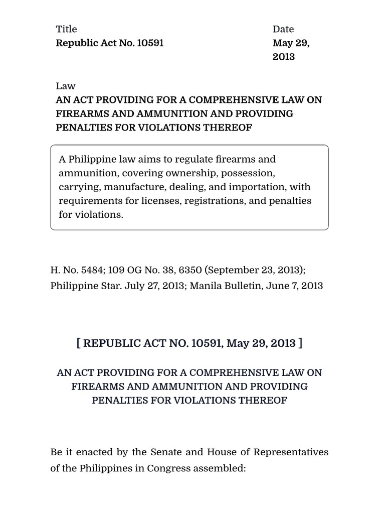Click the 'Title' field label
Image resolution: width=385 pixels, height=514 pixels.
pyautogui.click(x=66, y=29)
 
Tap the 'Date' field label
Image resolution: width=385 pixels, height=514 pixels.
pyautogui.click(x=283, y=29)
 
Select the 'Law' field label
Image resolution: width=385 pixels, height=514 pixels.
pyautogui.click(x=65, y=86)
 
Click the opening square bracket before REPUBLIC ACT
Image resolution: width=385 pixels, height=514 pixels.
pyautogui.click(x=79, y=343)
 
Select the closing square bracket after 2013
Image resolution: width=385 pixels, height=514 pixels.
pyautogui.click(x=300, y=343)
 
